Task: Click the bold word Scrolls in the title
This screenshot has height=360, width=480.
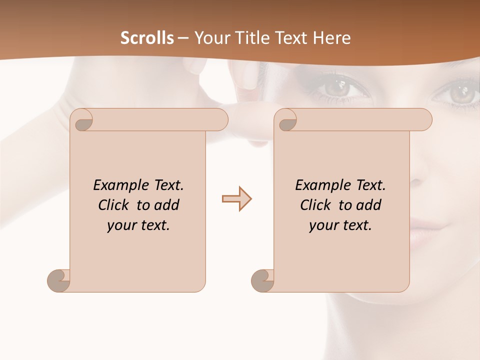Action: [x=147, y=38]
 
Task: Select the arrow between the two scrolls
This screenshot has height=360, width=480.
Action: [x=236, y=199]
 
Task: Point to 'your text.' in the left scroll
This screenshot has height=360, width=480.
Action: [x=138, y=225]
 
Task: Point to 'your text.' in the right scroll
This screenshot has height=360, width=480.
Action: [x=340, y=225]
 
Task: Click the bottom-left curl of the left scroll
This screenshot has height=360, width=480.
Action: [x=59, y=280]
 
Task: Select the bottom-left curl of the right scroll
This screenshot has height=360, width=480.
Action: [x=262, y=280]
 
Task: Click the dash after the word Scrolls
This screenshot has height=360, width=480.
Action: [x=183, y=38]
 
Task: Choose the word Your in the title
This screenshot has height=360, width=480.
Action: [x=211, y=38]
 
